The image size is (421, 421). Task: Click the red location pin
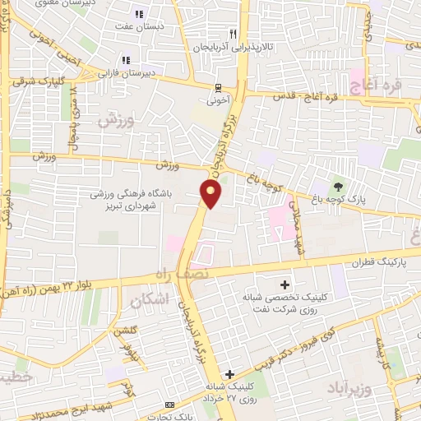coord(211,194)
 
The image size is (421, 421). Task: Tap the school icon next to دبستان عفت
coord(138,13)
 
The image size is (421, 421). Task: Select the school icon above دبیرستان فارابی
coord(126,59)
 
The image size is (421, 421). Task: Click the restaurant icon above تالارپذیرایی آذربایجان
coord(233,34)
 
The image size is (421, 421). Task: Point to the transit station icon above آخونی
coord(218,87)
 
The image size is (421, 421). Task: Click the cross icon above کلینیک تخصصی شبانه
coord(285,284)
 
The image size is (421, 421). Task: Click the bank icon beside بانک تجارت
coord(169,405)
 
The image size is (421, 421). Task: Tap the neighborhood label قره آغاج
coord(374,86)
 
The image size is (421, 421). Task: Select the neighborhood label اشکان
coord(149,301)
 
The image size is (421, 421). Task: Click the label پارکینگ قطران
coord(356,264)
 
